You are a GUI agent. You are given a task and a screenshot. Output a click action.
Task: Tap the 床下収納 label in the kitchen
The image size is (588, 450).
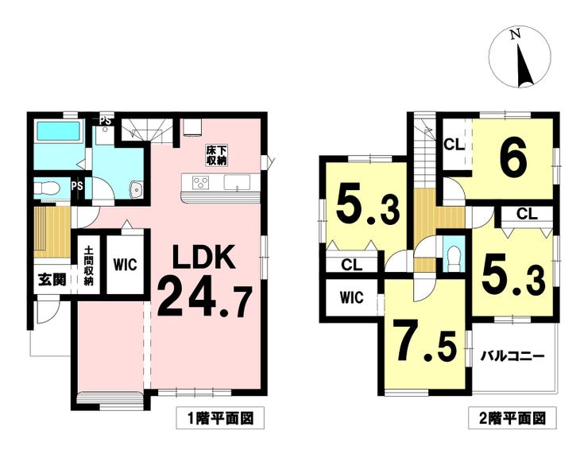[216, 156]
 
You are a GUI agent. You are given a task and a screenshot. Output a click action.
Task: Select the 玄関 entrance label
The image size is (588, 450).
[52, 280]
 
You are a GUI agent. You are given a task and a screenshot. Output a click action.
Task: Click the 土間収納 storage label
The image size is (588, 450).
[88, 266]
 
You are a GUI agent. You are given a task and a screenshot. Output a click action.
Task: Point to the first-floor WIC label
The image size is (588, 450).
[126, 265]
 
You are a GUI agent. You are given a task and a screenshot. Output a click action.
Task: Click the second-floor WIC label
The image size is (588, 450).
[352, 297]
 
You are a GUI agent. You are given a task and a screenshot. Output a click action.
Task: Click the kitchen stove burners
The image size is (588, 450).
[200, 183]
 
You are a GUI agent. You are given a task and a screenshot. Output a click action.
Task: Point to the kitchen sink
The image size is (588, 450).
[237, 182]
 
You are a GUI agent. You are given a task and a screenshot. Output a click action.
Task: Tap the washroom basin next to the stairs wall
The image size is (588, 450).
[137, 189]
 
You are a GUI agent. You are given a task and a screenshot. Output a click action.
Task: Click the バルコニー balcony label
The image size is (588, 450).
[513, 355]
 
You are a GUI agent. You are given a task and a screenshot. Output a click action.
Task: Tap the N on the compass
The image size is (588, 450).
[516, 34]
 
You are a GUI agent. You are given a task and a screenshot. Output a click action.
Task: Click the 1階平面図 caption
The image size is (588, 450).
[221, 417]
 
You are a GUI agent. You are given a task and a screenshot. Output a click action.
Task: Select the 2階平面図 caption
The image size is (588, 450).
[513, 417]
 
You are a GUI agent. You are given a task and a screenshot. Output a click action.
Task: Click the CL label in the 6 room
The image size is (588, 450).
[454, 145]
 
